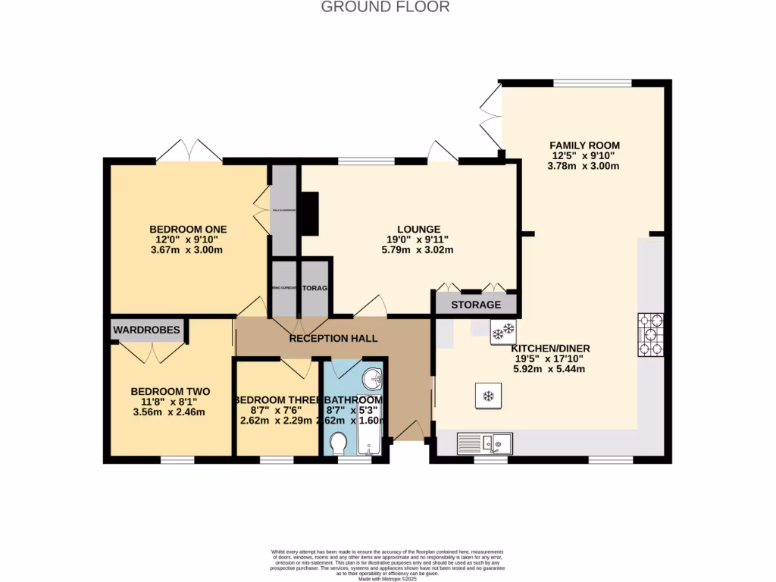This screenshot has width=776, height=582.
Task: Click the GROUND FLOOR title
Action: (386, 7)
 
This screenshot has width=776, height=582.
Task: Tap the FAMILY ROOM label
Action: (584, 145)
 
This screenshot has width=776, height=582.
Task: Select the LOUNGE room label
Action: (419, 230)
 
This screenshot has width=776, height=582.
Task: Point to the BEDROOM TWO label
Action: (170, 392)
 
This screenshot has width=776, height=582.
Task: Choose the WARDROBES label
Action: (147, 330)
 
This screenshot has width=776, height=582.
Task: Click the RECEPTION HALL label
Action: (333, 338)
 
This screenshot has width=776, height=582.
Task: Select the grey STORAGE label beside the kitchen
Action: (476, 305)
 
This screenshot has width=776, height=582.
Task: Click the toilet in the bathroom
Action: (339, 442)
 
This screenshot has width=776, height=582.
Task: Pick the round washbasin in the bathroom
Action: (372, 378)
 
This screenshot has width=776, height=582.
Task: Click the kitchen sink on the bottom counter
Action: (485, 443)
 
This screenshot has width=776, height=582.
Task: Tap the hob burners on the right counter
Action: (650, 334)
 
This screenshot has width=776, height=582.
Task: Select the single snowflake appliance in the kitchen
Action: (489, 396)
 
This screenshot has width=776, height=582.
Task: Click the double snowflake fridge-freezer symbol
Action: (503, 330)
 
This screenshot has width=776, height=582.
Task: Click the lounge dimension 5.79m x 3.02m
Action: (419, 250)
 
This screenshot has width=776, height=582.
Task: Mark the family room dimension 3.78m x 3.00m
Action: (584, 166)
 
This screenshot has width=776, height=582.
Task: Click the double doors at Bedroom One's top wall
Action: (189, 150)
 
